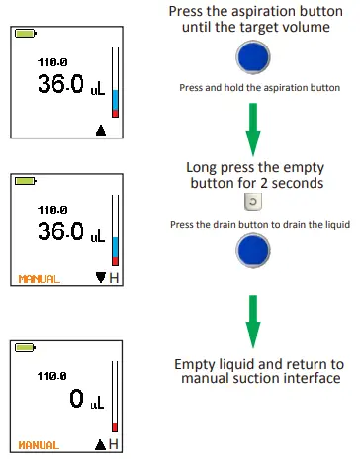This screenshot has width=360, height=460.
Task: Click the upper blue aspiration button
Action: tap(260, 58)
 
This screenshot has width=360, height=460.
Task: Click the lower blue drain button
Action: tap(260, 253)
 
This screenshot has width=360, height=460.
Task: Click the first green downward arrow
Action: tap(261, 124)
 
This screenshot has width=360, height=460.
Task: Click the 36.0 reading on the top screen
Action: tap(60, 86)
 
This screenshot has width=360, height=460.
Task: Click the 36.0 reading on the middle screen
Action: tap(60, 233)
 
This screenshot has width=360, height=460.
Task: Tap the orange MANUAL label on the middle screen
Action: tap(39, 279)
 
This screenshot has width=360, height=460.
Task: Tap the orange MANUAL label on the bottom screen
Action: tap(39, 445)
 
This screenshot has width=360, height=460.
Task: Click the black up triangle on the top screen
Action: tap(100, 129)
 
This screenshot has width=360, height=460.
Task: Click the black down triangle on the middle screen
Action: tap(100, 278)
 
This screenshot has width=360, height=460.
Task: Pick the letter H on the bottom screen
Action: tap(114, 445)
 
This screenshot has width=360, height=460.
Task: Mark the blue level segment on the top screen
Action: tap(115, 99)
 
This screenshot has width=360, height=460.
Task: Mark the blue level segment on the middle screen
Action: tap(115, 246)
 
